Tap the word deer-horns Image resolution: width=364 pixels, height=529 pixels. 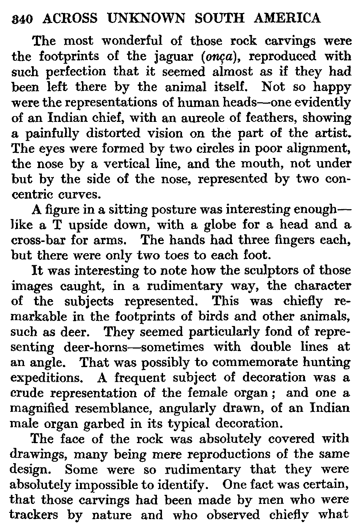96,347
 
